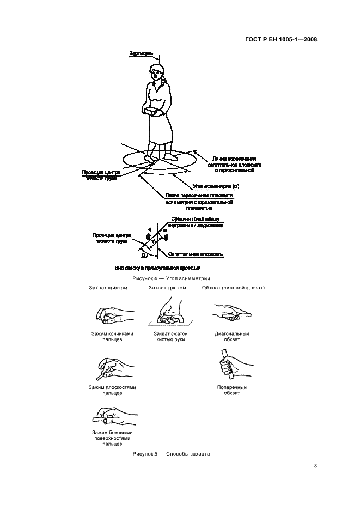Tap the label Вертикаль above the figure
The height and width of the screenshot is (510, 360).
pos(141,54)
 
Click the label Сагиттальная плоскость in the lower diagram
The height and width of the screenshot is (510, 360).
pos(195,254)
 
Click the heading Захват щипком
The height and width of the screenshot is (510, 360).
pos(108,288)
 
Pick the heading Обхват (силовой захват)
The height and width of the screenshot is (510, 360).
pos(233,288)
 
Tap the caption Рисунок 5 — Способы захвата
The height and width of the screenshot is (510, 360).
pos(172,454)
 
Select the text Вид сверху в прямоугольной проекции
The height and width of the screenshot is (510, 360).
pos(158,268)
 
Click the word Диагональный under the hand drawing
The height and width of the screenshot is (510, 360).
pos(232,333)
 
